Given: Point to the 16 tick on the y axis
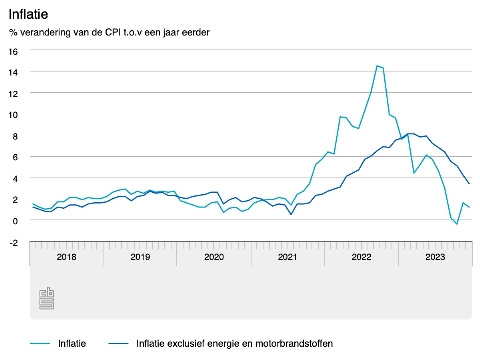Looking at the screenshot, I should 12,51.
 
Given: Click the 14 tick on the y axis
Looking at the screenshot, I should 12,72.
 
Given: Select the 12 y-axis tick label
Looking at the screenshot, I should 12,93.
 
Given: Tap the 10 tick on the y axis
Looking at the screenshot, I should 12,114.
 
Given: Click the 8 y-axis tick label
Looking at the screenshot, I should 14,135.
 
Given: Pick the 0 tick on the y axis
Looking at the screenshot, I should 14,220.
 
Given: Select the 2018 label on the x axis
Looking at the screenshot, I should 67,257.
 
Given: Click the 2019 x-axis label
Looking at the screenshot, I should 141,257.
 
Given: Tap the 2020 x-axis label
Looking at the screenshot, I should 214,257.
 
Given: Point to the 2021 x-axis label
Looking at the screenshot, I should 288,257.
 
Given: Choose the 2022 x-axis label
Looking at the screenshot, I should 361,257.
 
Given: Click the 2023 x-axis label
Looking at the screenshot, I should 435,257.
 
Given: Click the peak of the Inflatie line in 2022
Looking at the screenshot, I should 377,66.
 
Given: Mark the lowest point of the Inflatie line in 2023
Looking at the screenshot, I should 457,224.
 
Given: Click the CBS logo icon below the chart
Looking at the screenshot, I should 46,298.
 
